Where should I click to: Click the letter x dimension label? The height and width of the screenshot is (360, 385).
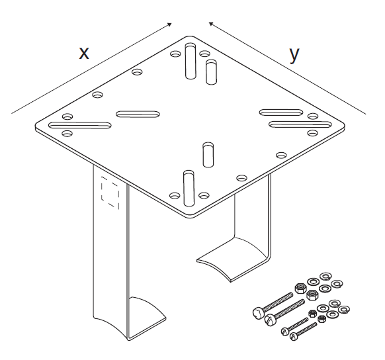[x=84, y=53]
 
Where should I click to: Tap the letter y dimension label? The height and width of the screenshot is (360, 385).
[x=294, y=55]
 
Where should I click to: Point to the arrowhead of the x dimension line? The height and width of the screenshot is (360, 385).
[x=169, y=24]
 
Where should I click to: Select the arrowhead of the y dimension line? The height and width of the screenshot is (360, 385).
[x=211, y=24]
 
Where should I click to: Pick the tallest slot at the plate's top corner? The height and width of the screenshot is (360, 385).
[x=191, y=61]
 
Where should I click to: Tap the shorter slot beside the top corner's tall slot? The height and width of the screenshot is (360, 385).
[x=211, y=72]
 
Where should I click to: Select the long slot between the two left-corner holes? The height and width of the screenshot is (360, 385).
[x=80, y=125]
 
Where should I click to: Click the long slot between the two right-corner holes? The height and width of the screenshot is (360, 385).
[x=300, y=124]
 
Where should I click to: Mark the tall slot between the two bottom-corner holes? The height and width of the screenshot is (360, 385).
[x=189, y=188]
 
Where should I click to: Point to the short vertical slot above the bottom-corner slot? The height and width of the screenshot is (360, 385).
[x=208, y=155]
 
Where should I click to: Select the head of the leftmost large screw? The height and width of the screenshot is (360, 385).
[x=258, y=312]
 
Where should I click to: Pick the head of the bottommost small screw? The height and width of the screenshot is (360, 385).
[x=293, y=336]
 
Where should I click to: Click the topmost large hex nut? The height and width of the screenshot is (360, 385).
[x=300, y=289]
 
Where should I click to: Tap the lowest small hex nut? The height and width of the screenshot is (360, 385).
[x=321, y=319]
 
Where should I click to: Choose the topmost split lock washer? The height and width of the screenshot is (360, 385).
[x=326, y=276]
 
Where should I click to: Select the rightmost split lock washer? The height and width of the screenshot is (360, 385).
[x=344, y=309]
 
